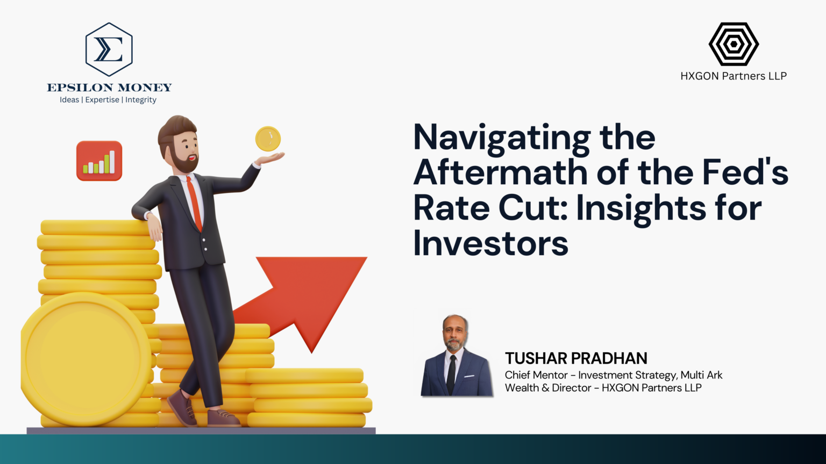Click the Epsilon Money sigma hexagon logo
(109, 49)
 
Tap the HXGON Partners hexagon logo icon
(734, 44)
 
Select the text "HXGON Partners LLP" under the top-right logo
(734, 76)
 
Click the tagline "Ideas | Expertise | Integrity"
(108, 100)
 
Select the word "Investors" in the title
(490, 243)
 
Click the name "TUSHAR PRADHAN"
(576, 358)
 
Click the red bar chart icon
(99, 161)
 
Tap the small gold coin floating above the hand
(268, 139)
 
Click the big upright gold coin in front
(86, 359)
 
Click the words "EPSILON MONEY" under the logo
(109, 88)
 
